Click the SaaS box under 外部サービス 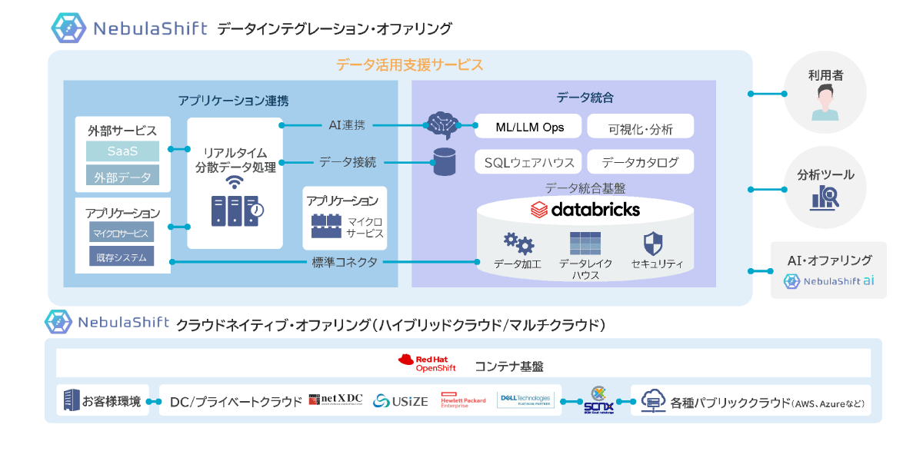(x=122, y=151)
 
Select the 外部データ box (x=122, y=177)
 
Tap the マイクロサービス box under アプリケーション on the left (x=121, y=233)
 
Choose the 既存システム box (x=121, y=257)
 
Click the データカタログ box (x=640, y=162)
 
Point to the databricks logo (x=585, y=209)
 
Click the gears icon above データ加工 (x=518, y=244)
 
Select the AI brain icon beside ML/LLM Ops (x=443, y=124)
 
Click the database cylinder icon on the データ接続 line (x=444, y=161)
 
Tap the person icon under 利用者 (x=825, y=103)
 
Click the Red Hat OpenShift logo (x=427, y=363)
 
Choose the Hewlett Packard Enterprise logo (x=463, y=401)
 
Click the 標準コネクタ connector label (x=345, y=262)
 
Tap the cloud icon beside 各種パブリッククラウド (x=652, y=400)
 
